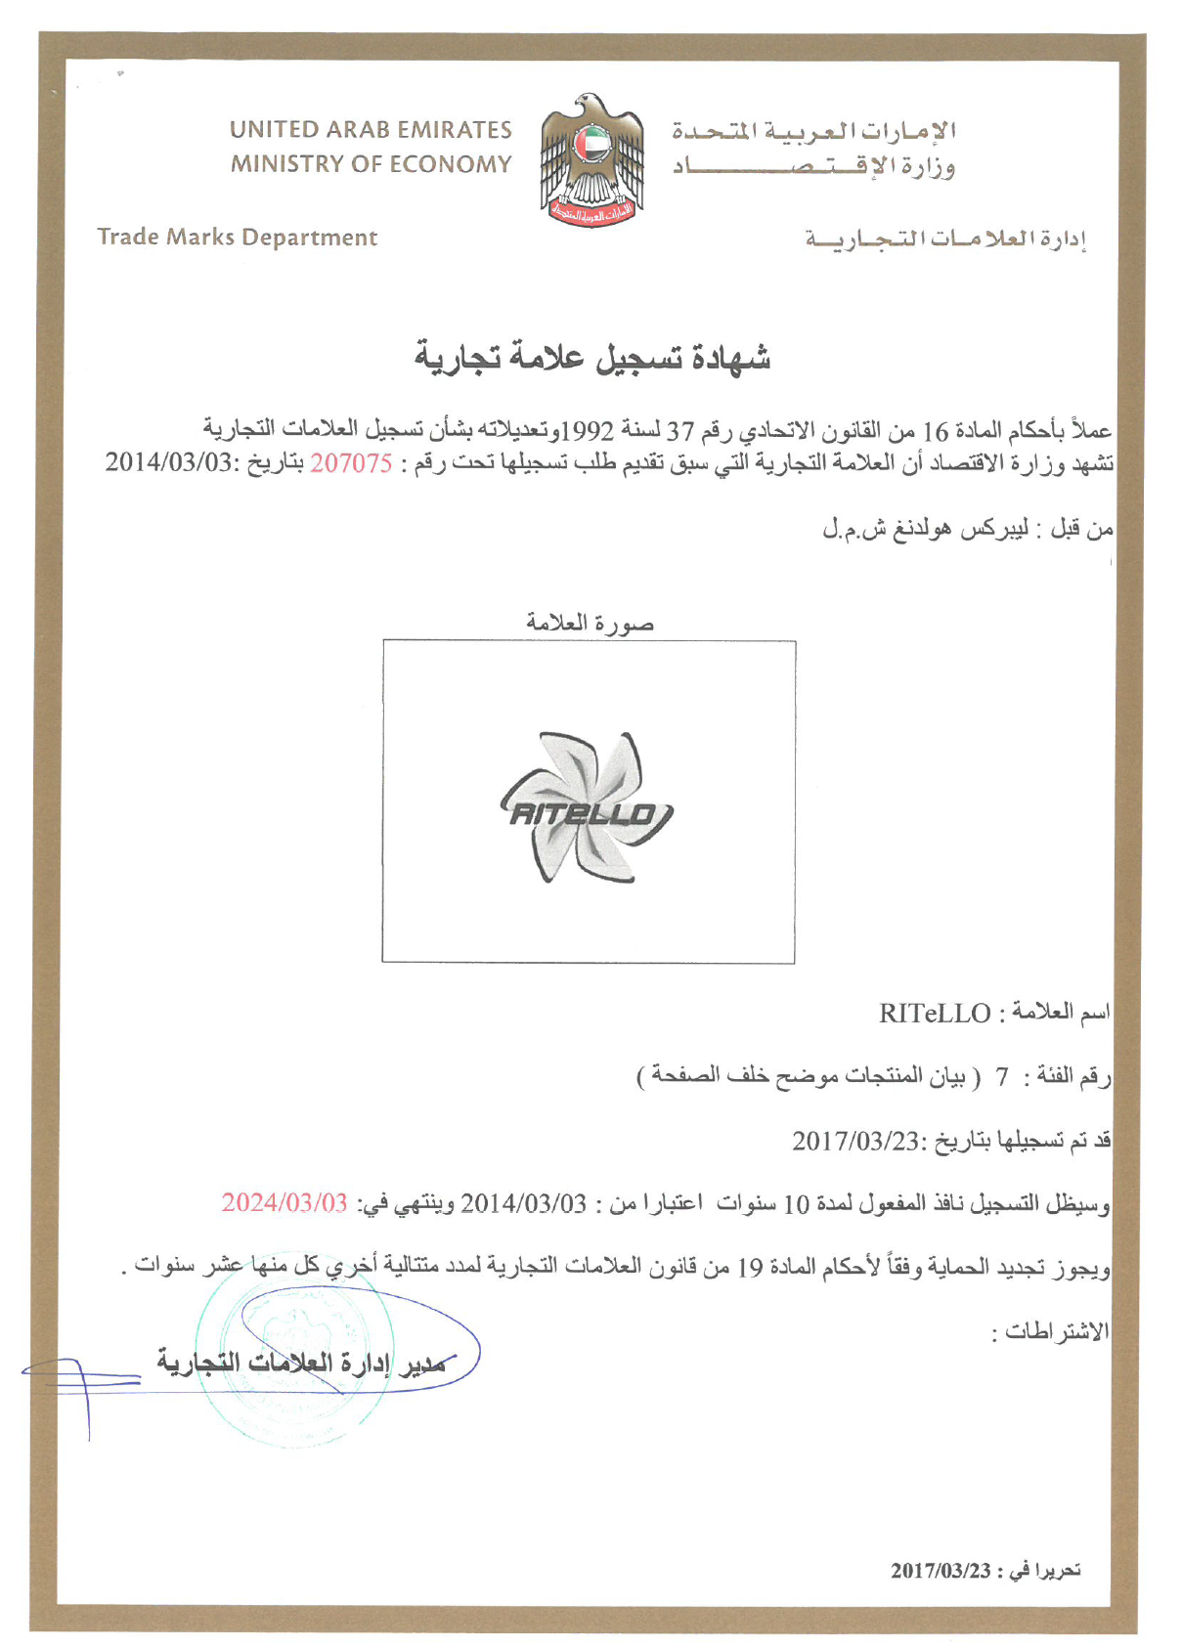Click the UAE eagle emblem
pos(591,160)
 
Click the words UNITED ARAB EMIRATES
pos(371,130)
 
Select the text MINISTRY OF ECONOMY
pos(371,164)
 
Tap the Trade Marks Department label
pos(237,238)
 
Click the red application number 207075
pos(351,463)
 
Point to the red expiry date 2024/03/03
pos(285,1202)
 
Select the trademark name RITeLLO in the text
pos(935,1014)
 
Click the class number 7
pos(1001,1077)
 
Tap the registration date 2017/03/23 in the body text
pos(856,1141)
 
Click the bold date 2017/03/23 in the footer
pos(941,1571)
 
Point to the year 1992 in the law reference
pos(592,431)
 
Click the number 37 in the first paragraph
pos(680,431)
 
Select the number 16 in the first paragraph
pos(937,431)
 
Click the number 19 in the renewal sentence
pos(750,1268)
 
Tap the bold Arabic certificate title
pos(592,359)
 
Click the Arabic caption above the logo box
pos(590,623)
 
